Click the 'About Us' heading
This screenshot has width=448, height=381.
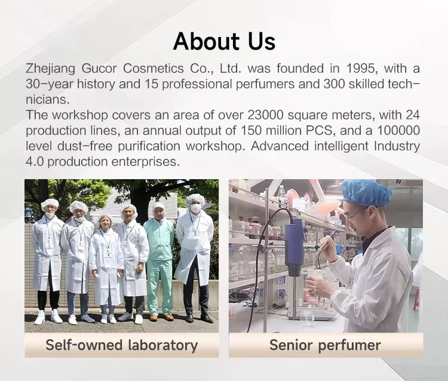coord(224,41)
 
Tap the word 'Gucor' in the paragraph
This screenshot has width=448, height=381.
coord(99,69)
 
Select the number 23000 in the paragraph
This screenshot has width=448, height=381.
coord(266,115)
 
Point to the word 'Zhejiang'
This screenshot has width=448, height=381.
coord(50,69)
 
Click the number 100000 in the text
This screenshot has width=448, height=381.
coord(398,131)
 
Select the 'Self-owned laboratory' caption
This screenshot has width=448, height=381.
coord(122,345)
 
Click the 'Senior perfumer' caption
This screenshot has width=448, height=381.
coord(325,345)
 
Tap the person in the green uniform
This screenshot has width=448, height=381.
coord(159,262)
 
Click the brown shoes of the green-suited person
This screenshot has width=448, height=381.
coord(161,317)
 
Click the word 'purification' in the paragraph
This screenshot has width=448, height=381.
coord(149,146)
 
